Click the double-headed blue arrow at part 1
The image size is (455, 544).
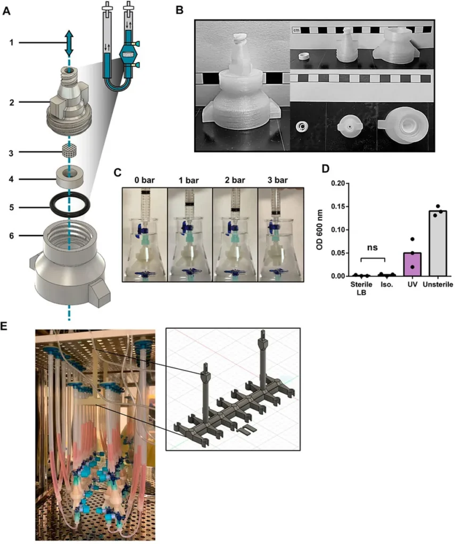click(x=69, y=43)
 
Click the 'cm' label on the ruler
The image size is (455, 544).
click(x=297, y=31)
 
